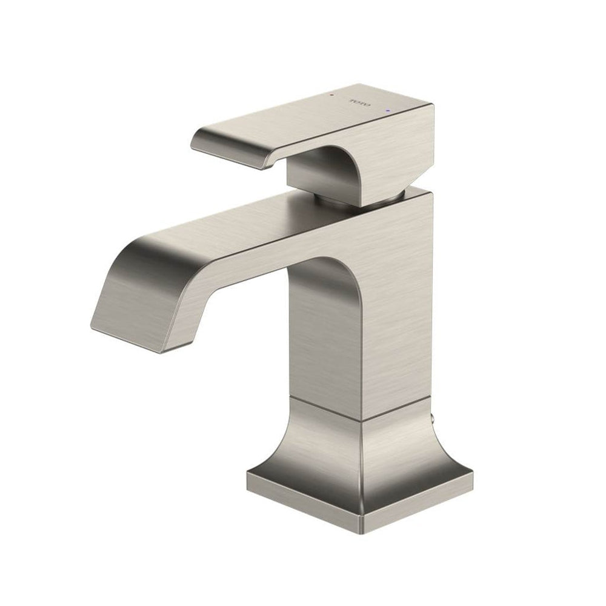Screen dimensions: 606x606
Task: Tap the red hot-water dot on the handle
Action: (331, 94)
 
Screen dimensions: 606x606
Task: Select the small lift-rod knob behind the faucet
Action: (433, 418)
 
